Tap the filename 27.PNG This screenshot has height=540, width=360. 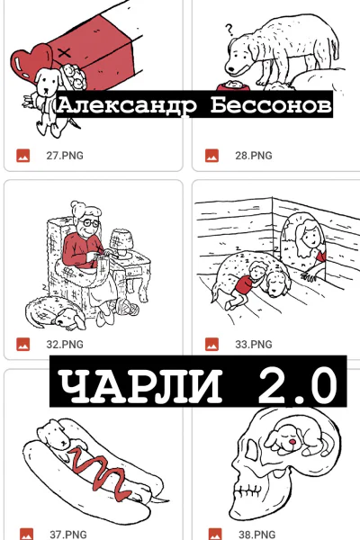click(x=65, y=155)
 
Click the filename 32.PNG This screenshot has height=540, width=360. click(x=65, y=344)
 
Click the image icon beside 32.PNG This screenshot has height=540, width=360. click(x=24, y=344)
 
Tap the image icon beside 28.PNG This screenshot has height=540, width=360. click(x=212, y=155)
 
